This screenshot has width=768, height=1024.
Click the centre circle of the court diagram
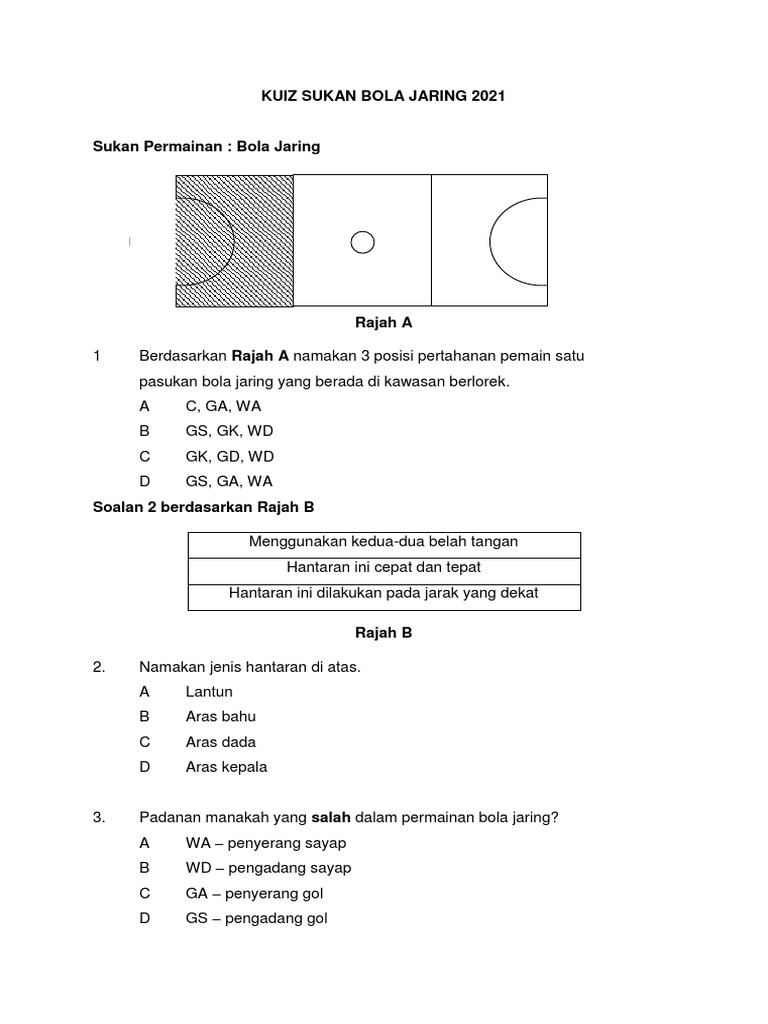click(362, 241)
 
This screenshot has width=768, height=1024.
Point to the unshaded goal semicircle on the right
click(518, 241)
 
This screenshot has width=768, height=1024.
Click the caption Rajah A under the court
click(384, 323)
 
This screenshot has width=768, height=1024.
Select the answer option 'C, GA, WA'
click(223, 406)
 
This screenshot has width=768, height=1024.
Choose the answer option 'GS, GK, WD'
click(229, 431)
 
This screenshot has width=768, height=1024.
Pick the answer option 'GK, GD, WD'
click(230, 456)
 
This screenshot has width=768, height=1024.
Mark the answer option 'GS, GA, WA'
click(229, 481)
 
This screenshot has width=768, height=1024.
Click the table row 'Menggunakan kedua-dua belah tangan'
click(384, 542)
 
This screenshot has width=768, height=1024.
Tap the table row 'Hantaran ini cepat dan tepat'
click(384, 567)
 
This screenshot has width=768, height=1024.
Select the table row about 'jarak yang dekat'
click(384, 593)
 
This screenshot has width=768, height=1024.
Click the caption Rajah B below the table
click(384, 633)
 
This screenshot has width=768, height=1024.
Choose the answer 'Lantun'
click(209, 692)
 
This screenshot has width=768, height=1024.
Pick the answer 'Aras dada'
click(221, 742)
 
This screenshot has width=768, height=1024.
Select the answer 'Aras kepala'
click(227, 767)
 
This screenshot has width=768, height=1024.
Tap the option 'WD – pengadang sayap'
click(268, 868)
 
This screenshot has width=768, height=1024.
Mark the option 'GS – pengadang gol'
click(256, 918)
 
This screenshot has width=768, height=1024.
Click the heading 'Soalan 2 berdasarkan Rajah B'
click(203, 507)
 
